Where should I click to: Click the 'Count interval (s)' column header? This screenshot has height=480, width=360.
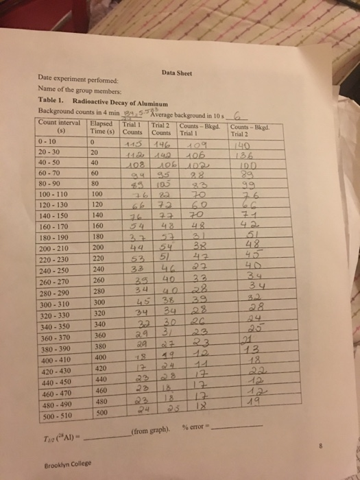tap(63, 128)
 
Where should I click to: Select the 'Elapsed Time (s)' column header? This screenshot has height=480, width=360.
tap(104, 128)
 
